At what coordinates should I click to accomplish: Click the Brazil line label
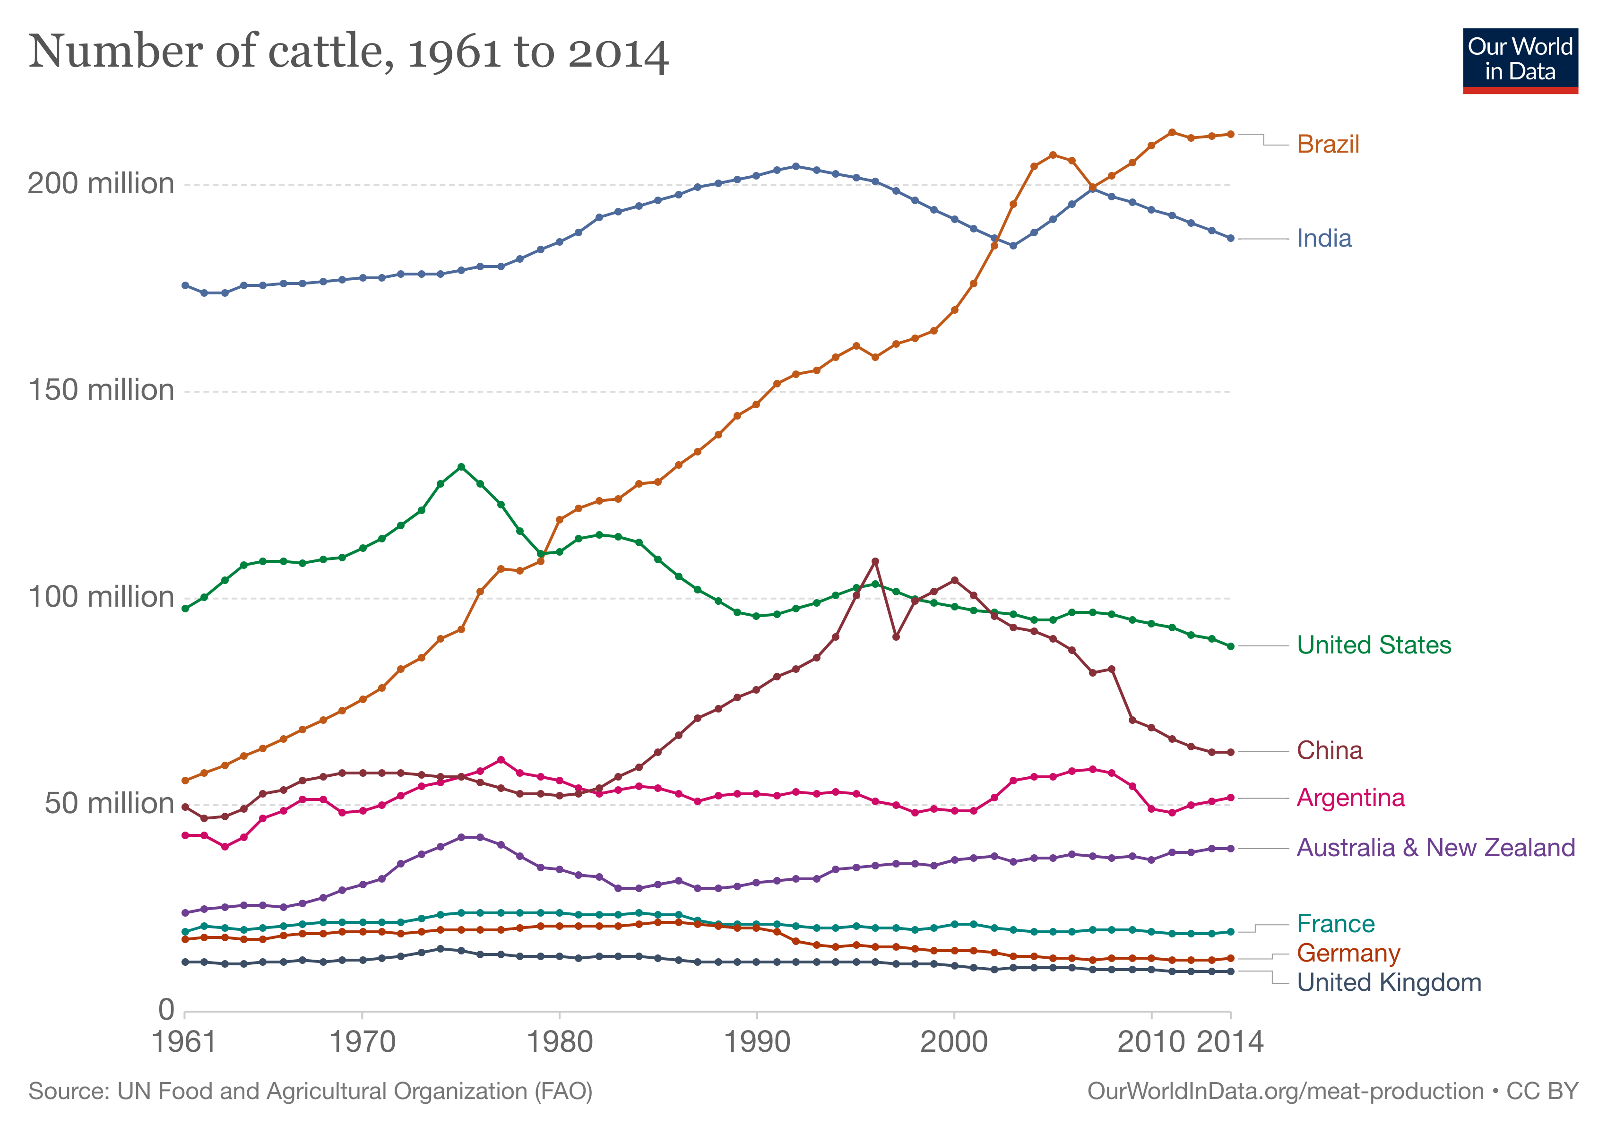tap(1327, 144)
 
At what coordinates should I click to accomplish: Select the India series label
tap(1323, 239)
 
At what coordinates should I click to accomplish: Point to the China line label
tap(1329, 751)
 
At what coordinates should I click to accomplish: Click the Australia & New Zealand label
tap(1435, 847)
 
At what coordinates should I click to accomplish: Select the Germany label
tap(1348, 953)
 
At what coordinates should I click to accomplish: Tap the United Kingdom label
tap(1389, 982)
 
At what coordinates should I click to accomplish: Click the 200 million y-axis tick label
tap(101, 184)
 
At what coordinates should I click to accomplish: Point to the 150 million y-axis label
tap(101, 390)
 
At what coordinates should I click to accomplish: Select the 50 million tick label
tap(109, 804)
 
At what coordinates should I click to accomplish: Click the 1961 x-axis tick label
tap(184, 1042)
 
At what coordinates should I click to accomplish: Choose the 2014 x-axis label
tap(1230, 1042)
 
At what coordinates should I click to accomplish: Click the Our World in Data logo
tap(1520, 61)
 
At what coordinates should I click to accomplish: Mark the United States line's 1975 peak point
tap(460, 467)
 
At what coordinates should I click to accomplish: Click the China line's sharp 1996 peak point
tap(875, 561)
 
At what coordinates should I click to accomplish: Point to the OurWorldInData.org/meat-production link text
tap(1285, 1091)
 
